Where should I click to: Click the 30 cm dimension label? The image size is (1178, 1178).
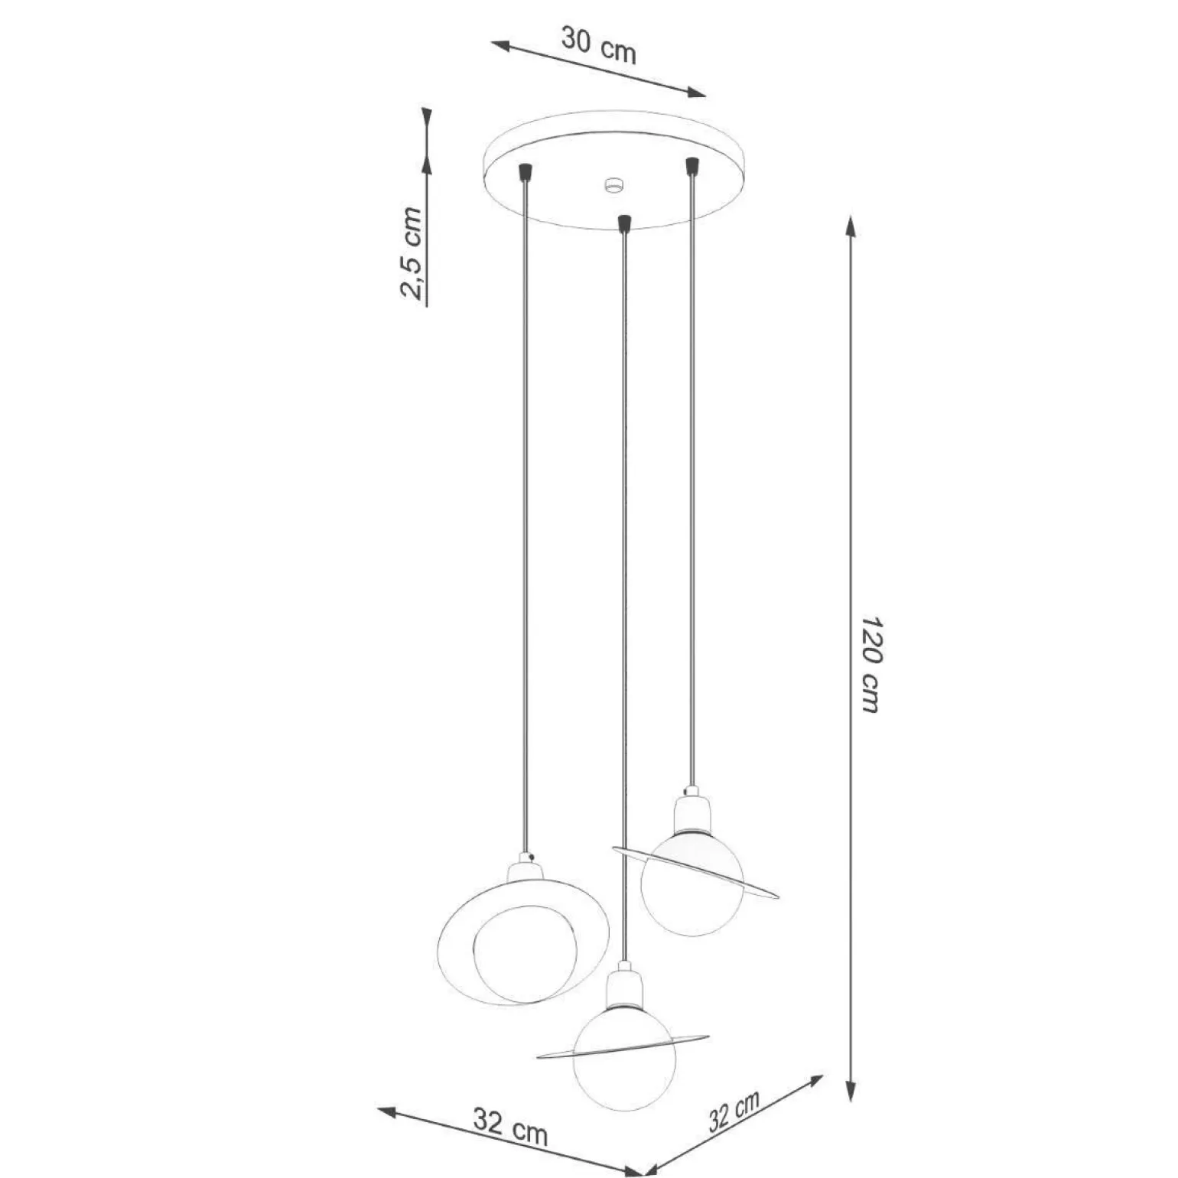point(598,45)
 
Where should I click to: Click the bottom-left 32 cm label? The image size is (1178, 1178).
point(510,1127)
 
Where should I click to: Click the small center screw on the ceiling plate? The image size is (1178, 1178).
point(613,184)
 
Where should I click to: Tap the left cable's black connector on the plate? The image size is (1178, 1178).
point(525,171)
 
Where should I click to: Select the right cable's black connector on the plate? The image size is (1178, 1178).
point(692,165)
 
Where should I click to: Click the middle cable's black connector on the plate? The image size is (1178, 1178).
point(625,223)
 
